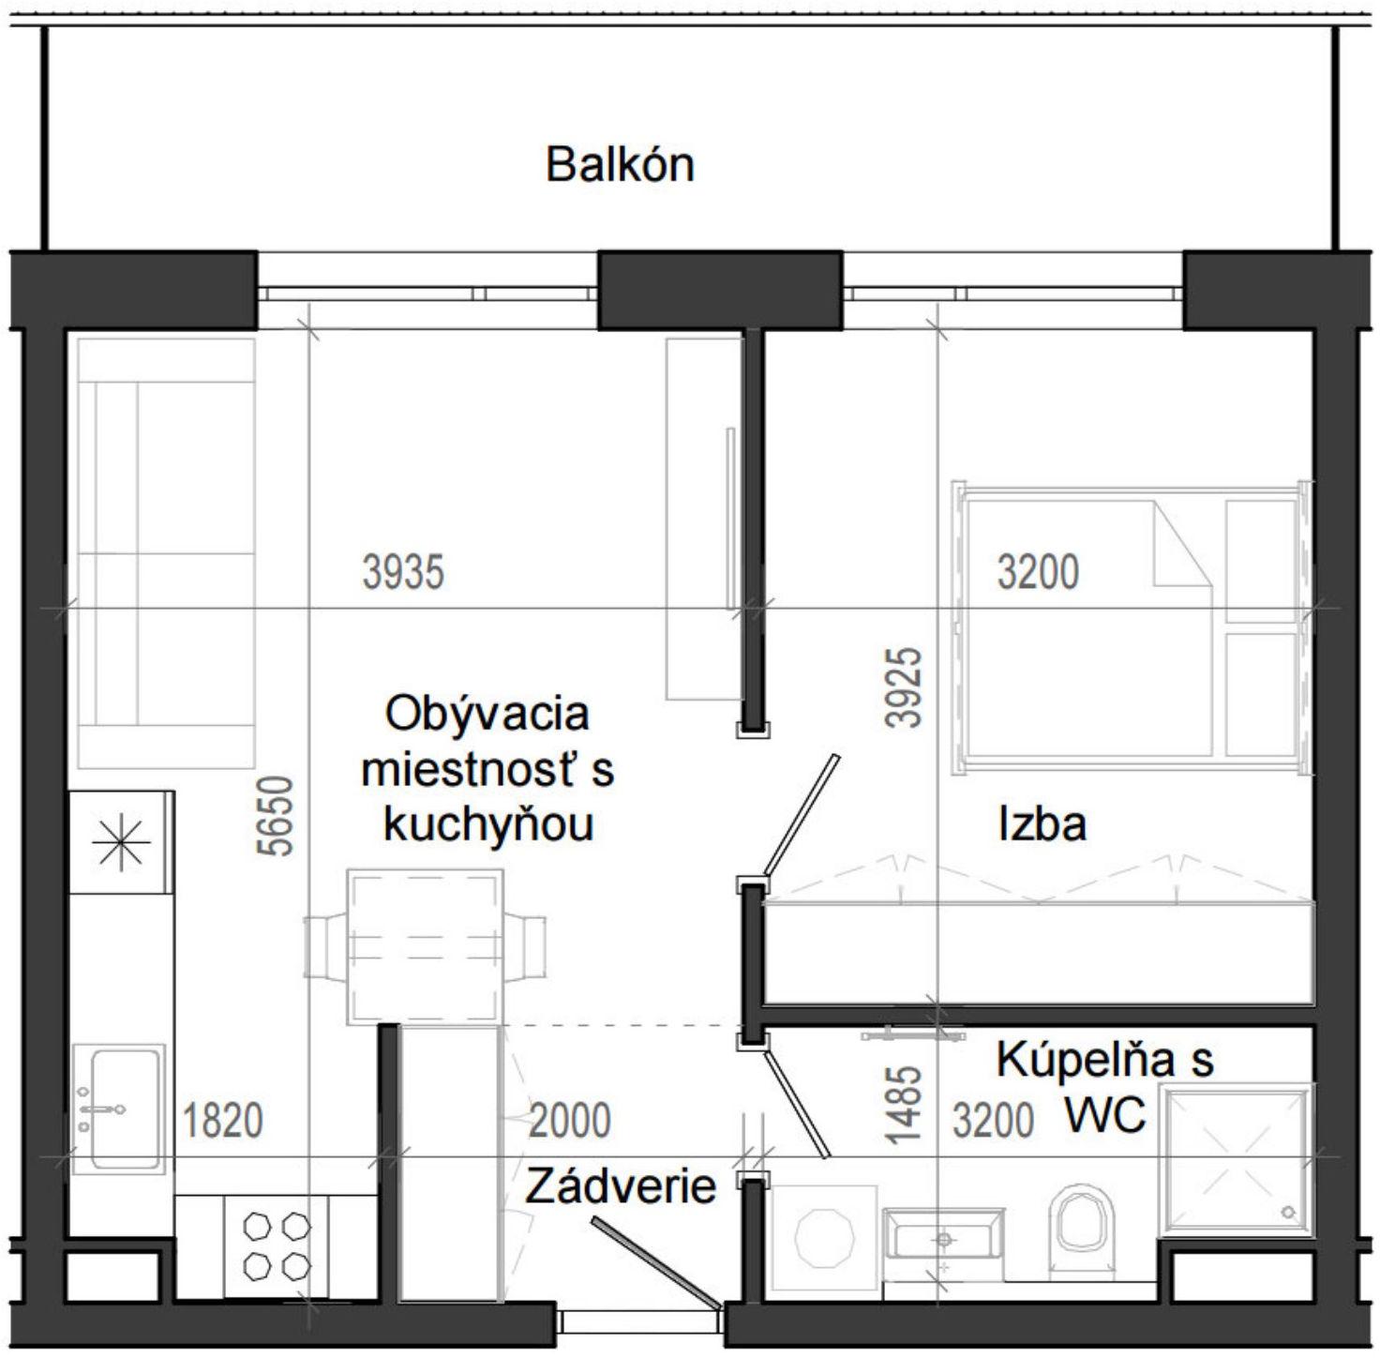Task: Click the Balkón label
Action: click(620, 165)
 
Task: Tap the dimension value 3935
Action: click(403, 572)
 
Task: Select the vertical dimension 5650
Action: click(279, 816)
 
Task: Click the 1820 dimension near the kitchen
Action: click(222, 1121)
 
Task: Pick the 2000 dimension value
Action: click(569, 1121)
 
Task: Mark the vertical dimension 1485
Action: click(905, 1104)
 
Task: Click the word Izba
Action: click(1042, 824)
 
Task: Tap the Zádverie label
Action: click(620, 1186)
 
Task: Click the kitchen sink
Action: click(118, 1109)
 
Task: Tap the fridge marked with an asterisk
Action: click(121, 842)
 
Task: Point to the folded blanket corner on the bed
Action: click(1181, 543)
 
